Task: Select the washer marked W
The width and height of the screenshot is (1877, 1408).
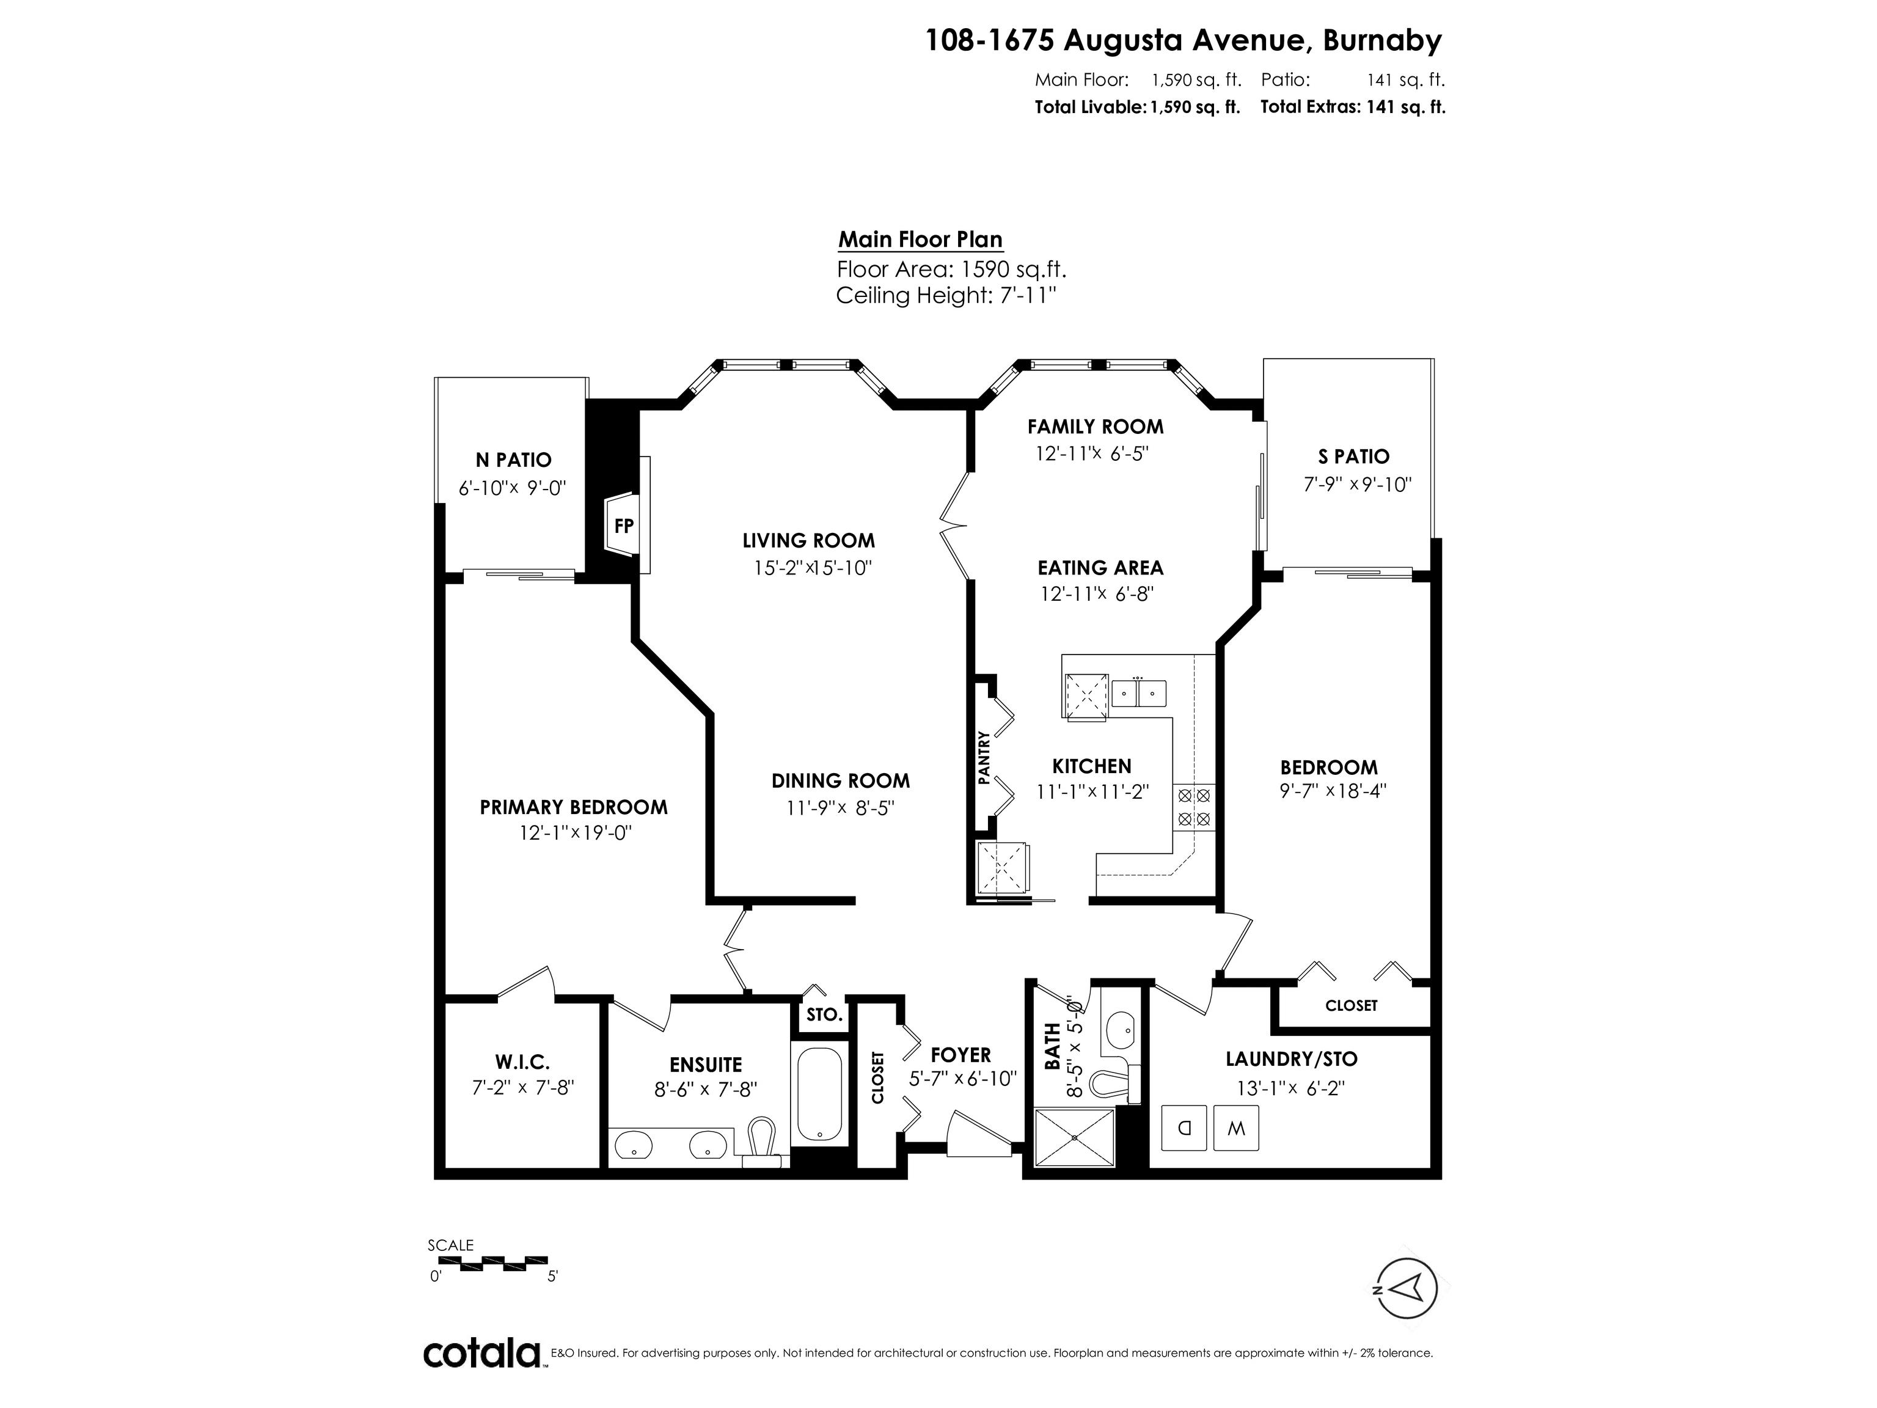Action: click(1235, 1129)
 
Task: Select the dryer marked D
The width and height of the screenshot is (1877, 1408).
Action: click(1184, 1129)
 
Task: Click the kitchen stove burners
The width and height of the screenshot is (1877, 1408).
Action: click(1194, 807)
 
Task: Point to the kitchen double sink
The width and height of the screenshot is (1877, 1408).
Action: click(1139, 694)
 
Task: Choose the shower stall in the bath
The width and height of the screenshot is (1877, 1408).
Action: click(1074, 1137)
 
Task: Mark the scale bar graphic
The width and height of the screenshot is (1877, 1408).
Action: click(488, 1264)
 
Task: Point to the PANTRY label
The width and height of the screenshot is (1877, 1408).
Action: click(984, 757)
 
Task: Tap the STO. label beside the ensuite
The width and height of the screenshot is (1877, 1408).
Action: click(823, 1015)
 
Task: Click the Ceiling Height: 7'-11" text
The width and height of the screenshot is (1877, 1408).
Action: click(946, 296)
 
